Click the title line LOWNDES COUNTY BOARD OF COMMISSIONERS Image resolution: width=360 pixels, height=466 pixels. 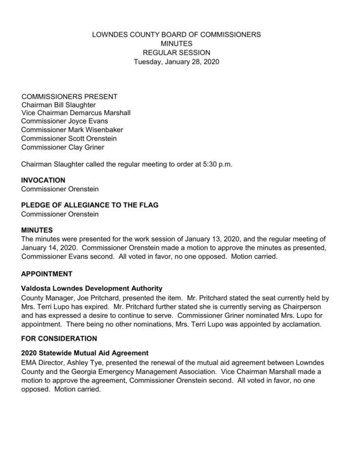(x=176, y=35)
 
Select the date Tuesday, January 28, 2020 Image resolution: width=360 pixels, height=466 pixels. (x=176, y=61)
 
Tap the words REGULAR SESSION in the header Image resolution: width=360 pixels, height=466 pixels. (x=176, y=53)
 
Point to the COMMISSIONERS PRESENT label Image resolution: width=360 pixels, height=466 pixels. (x=69, y=97)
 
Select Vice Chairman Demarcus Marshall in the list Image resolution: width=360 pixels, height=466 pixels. (x=76, y=113)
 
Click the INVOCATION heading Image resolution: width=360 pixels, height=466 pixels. (x=43, y=180)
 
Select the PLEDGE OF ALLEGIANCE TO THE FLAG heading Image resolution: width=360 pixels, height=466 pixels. (x=89, y=205)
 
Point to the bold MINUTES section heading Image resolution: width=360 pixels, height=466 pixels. (x=37, y=230)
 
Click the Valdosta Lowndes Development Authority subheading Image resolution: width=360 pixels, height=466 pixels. (x=92, y=288)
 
